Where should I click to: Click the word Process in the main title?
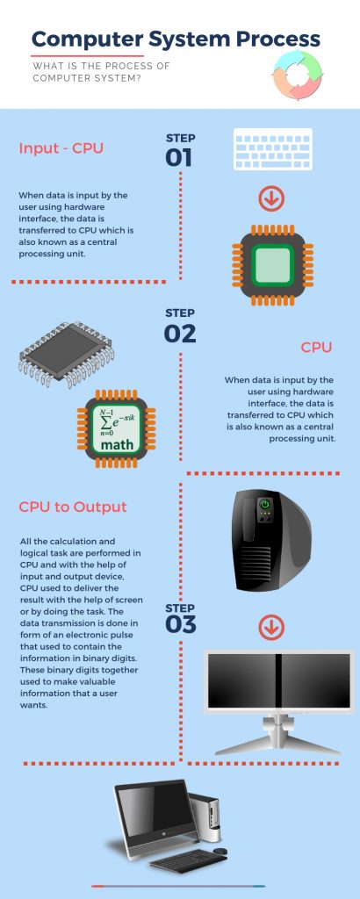(x=278, y=40)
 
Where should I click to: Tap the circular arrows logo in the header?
(x=298, y=76)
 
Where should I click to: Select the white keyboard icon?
(x=273, y=149)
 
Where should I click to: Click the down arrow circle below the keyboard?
(x=271, y=199)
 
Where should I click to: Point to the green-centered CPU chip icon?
(x=272, y=265)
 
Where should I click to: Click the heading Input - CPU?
(x=61, y=148)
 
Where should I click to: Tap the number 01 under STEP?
(x=179, y=158)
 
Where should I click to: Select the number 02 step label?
(x=180, y=334)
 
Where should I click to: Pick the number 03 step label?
(x=181, y=624)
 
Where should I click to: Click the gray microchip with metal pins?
(x=67, y=354)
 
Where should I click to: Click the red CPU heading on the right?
(x=316, y=348)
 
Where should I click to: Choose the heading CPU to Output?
(x=73, y=507)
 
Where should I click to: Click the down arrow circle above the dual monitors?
(x=271, y=628)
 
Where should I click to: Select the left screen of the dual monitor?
(x=241, y=680)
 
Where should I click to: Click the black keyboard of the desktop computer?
(x=189, y=860)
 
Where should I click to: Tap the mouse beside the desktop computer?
(x=220, y=851)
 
